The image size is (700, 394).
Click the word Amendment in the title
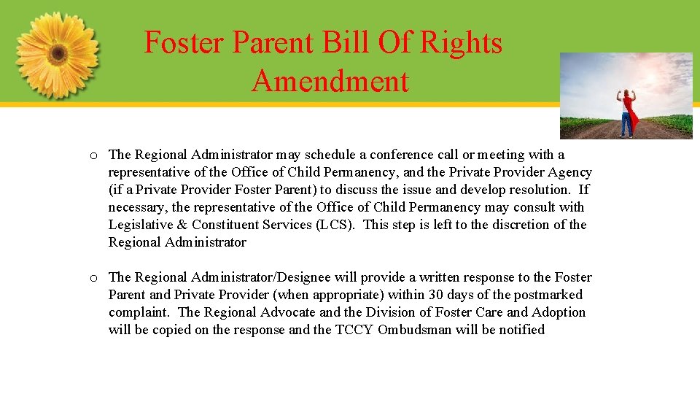(x=330, y=81)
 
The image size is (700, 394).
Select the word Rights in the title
(x=464, y=42)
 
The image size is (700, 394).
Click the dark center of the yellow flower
(x=57, y=54)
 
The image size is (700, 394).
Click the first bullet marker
(x=94, y=155)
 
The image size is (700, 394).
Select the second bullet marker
(x=94, y=278)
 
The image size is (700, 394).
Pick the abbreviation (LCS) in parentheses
(x=335, y=225)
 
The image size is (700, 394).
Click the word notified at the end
(x=519, y=330)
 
